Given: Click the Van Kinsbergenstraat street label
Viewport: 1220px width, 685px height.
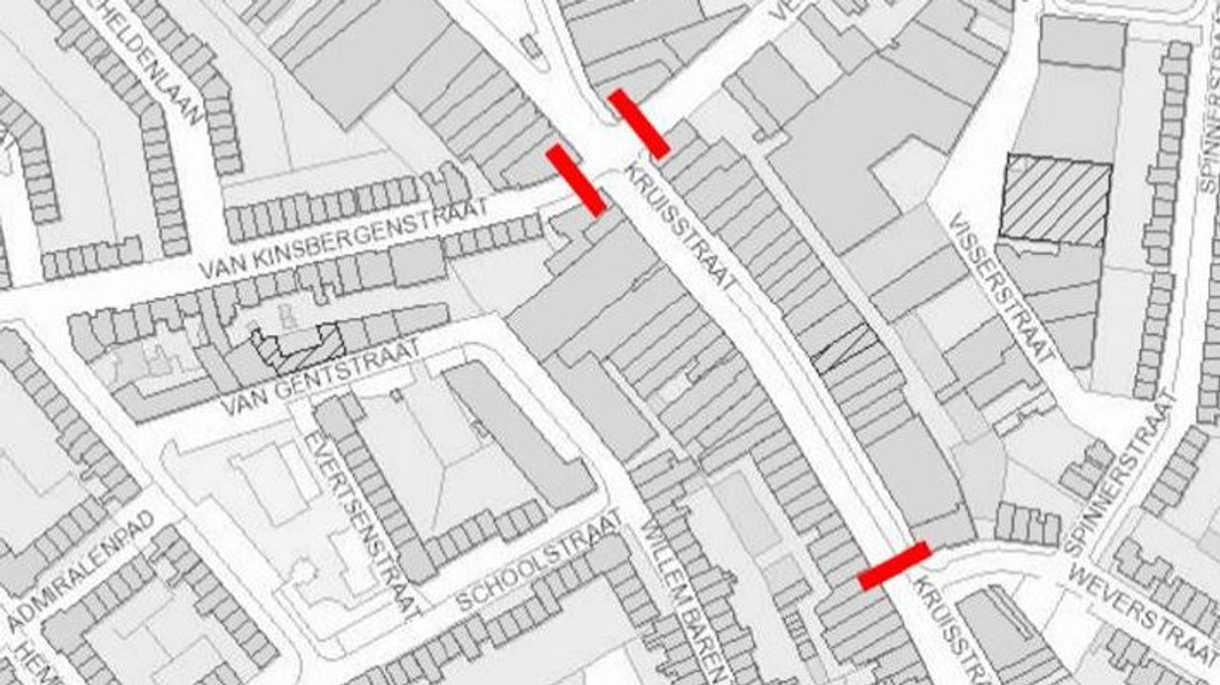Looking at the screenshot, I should click(x=343, y=239).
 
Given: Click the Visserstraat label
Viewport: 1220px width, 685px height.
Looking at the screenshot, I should click(x=1002, y=286).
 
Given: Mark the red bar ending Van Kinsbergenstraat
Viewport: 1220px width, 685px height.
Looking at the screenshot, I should click(x=575, y=180).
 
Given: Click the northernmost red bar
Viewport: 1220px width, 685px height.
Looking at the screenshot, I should click(x=638, y=123).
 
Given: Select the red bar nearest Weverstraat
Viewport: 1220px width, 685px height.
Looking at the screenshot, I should click(x=894, y=566).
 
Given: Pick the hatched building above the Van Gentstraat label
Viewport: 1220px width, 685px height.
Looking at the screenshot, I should click(x=297, y=349).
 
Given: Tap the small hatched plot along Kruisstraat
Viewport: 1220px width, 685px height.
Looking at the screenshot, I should click(x=844, y=347).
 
